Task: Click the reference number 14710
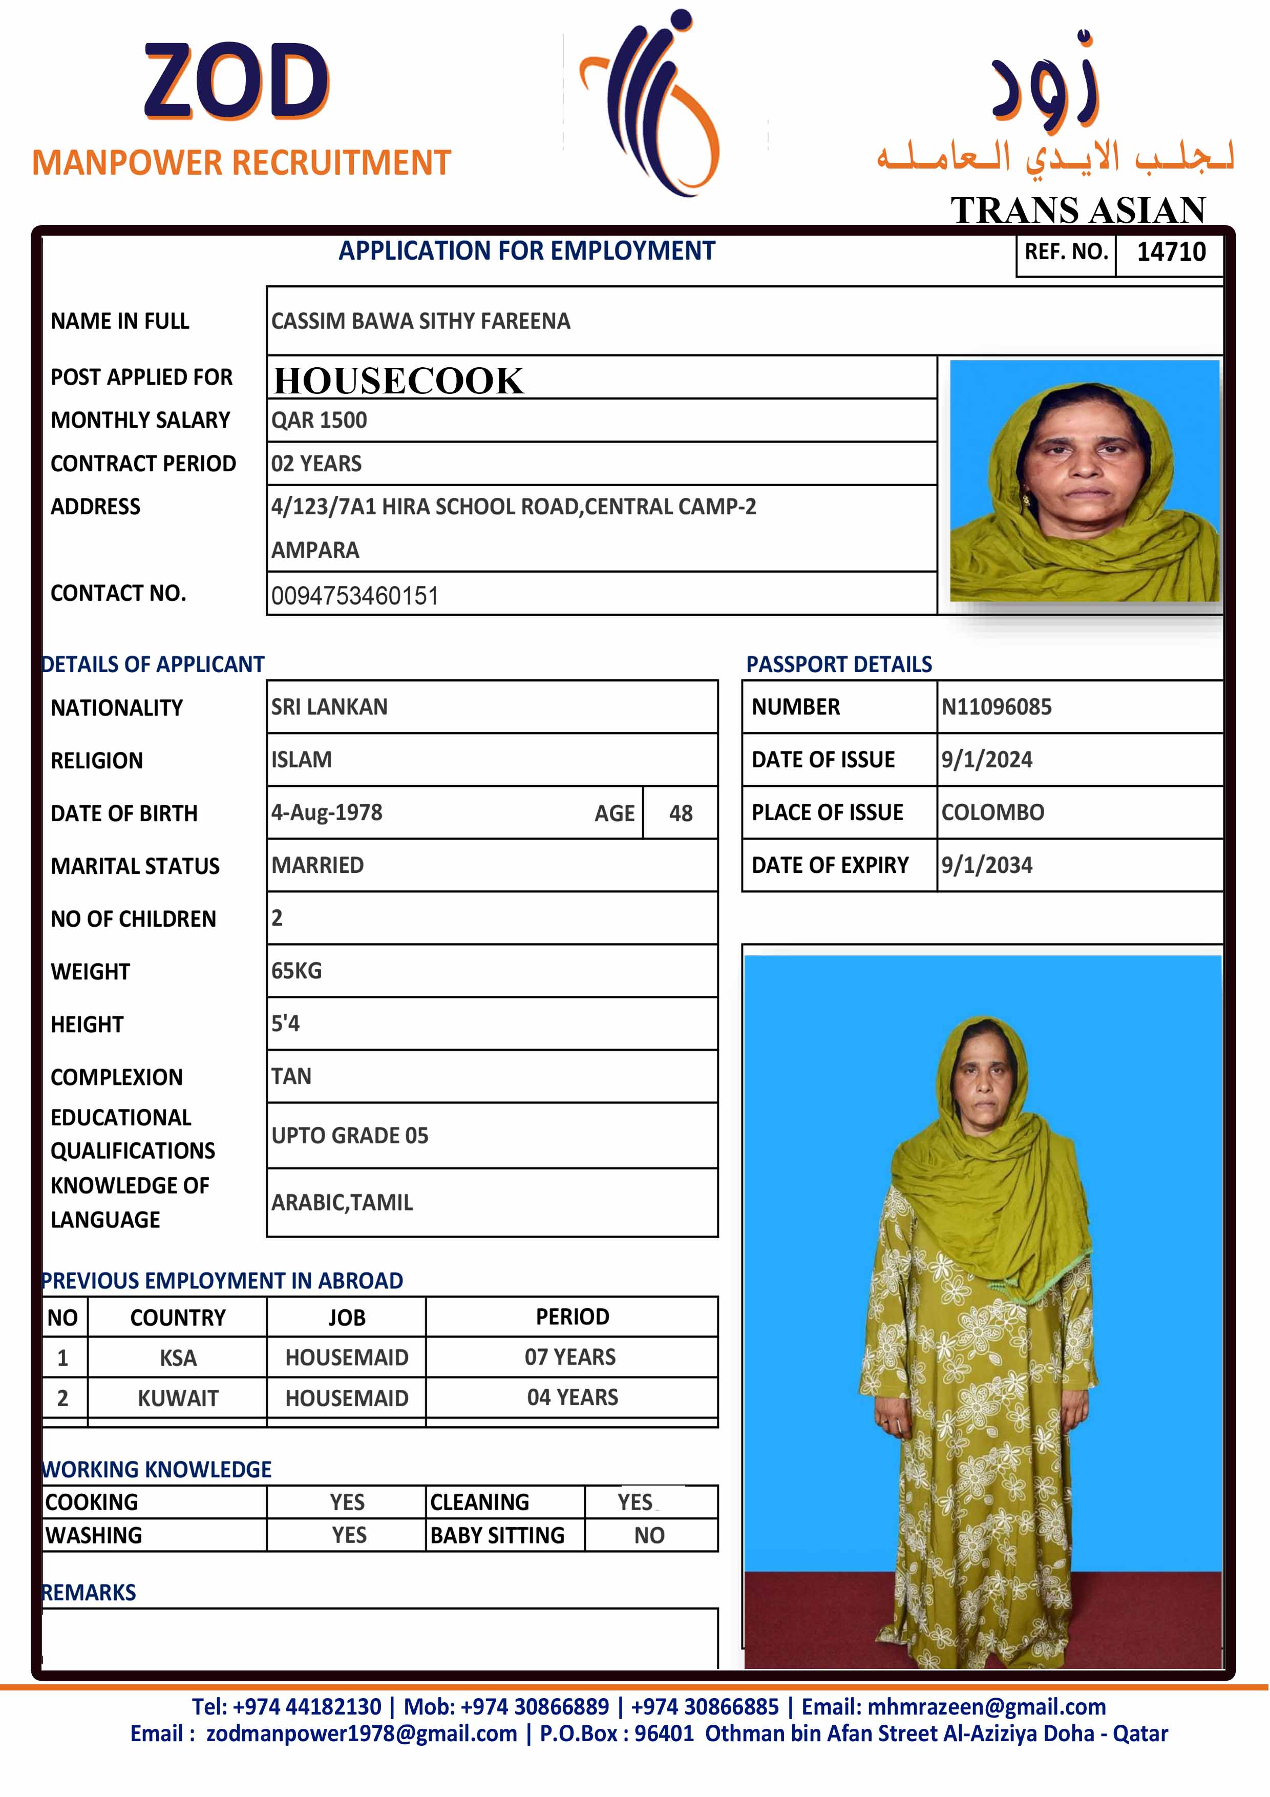coord(1171,252)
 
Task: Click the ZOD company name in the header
coord(236,82)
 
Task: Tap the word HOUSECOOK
coord(398,381)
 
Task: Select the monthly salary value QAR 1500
coord(319,420)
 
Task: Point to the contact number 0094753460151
coord(354,596)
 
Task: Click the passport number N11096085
coord(996,707)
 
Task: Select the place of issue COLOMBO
coord(992,812)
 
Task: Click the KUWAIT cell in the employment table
coord(178,1398)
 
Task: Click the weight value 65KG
coord(297,971)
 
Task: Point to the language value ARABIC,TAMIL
coord(342,1202)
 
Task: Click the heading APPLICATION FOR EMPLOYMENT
coord(526,251)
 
